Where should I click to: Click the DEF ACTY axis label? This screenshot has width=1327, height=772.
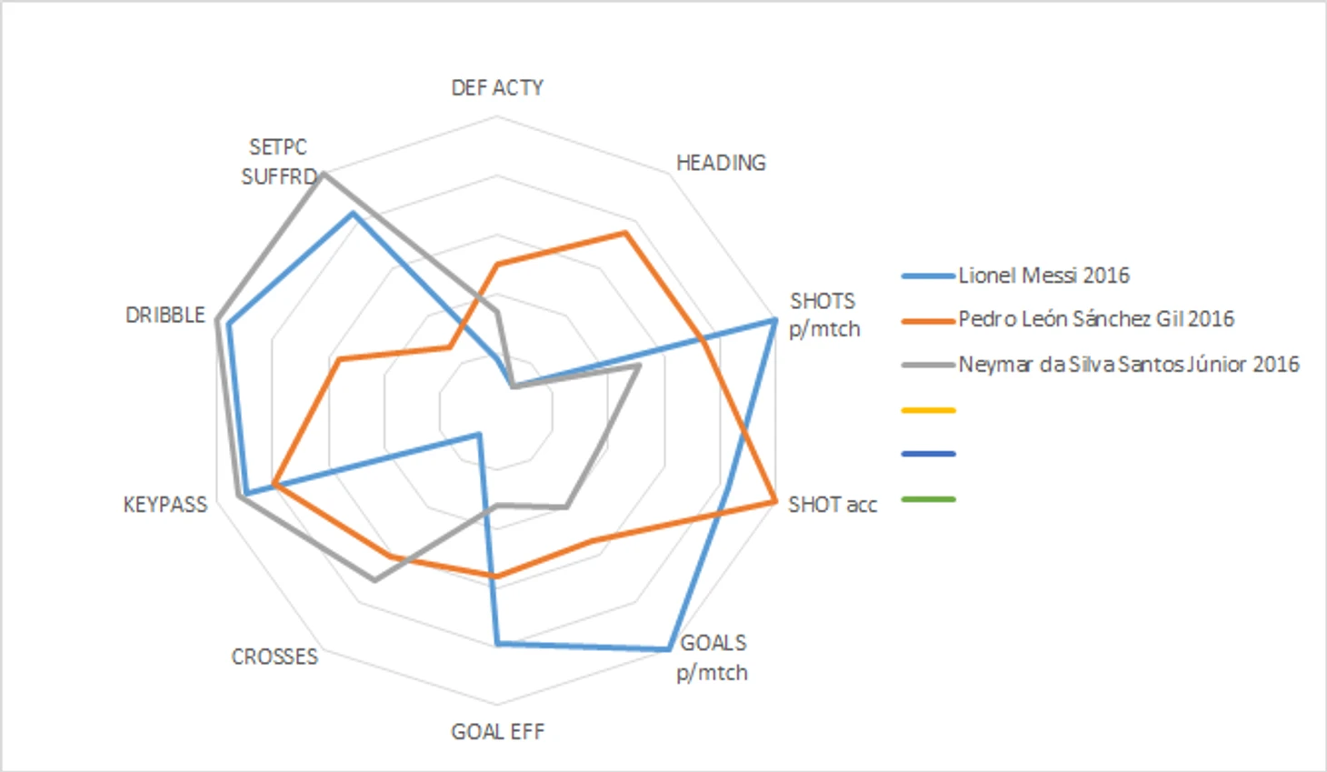(497, 87)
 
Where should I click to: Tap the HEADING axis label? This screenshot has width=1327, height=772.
(721, 163)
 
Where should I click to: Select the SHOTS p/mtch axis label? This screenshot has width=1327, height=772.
(823, 315)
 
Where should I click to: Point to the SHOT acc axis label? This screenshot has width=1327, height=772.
(833, 505)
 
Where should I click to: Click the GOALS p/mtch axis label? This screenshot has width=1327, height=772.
(713, 657)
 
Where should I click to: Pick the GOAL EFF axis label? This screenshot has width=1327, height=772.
(497, 732)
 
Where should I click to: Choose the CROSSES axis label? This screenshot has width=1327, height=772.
(274, 657)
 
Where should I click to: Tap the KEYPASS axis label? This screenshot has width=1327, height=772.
(165, 505)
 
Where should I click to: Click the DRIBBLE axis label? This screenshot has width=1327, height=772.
(165, 315)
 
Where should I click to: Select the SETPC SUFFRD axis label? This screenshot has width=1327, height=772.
(278, 162)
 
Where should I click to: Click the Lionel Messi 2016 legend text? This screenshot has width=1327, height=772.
(1043, 276)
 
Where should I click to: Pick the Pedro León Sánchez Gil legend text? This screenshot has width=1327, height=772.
(1096, 319)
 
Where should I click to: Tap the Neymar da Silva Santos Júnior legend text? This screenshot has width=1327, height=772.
(1129, 365)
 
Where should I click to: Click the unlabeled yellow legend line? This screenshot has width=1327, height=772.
(928, 410)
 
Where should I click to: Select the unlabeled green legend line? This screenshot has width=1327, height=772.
(928, 499)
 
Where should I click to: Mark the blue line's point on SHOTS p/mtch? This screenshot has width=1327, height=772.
(773, 320)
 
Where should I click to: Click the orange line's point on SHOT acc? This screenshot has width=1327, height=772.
(774, 500)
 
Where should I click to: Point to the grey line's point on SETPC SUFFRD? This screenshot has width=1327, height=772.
(323, 173)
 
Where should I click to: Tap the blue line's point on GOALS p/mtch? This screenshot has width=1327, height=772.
(669, 649)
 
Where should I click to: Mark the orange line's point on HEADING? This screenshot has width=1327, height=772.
(624, 234)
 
